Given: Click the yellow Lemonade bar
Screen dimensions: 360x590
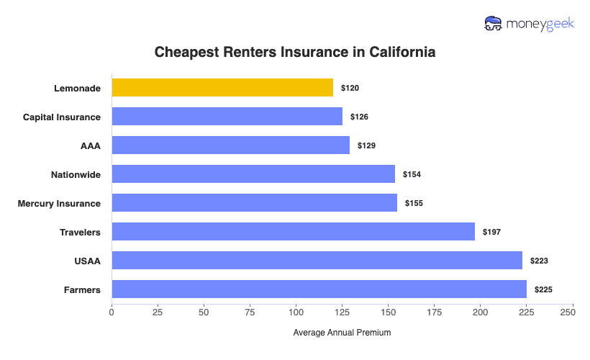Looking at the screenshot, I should click(222, 88).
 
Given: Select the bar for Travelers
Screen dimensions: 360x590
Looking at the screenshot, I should click(293, 232).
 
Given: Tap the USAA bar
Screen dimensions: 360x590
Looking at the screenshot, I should click(317, 261).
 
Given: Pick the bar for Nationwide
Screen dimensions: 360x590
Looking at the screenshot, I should click(253, 174).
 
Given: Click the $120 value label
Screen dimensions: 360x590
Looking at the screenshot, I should click(350, 88).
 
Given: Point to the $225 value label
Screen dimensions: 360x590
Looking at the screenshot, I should click(543, 289).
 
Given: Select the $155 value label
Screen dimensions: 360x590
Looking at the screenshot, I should click(414, 203).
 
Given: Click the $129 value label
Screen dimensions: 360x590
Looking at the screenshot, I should click(366, 145).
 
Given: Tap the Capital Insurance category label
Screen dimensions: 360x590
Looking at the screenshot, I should click(62, 117).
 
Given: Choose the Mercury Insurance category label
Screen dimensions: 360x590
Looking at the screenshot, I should click(59, 203).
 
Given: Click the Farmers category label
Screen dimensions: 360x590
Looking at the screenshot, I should click(81, 289).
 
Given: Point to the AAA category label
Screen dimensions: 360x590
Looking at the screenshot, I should click(91, 145).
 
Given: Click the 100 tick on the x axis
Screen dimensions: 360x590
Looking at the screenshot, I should click(296, 312).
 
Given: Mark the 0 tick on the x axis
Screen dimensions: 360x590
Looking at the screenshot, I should click(112, 312).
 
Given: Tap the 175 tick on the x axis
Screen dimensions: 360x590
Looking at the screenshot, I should click(434, 312).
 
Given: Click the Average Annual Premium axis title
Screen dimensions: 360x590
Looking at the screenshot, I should click(342, 333).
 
